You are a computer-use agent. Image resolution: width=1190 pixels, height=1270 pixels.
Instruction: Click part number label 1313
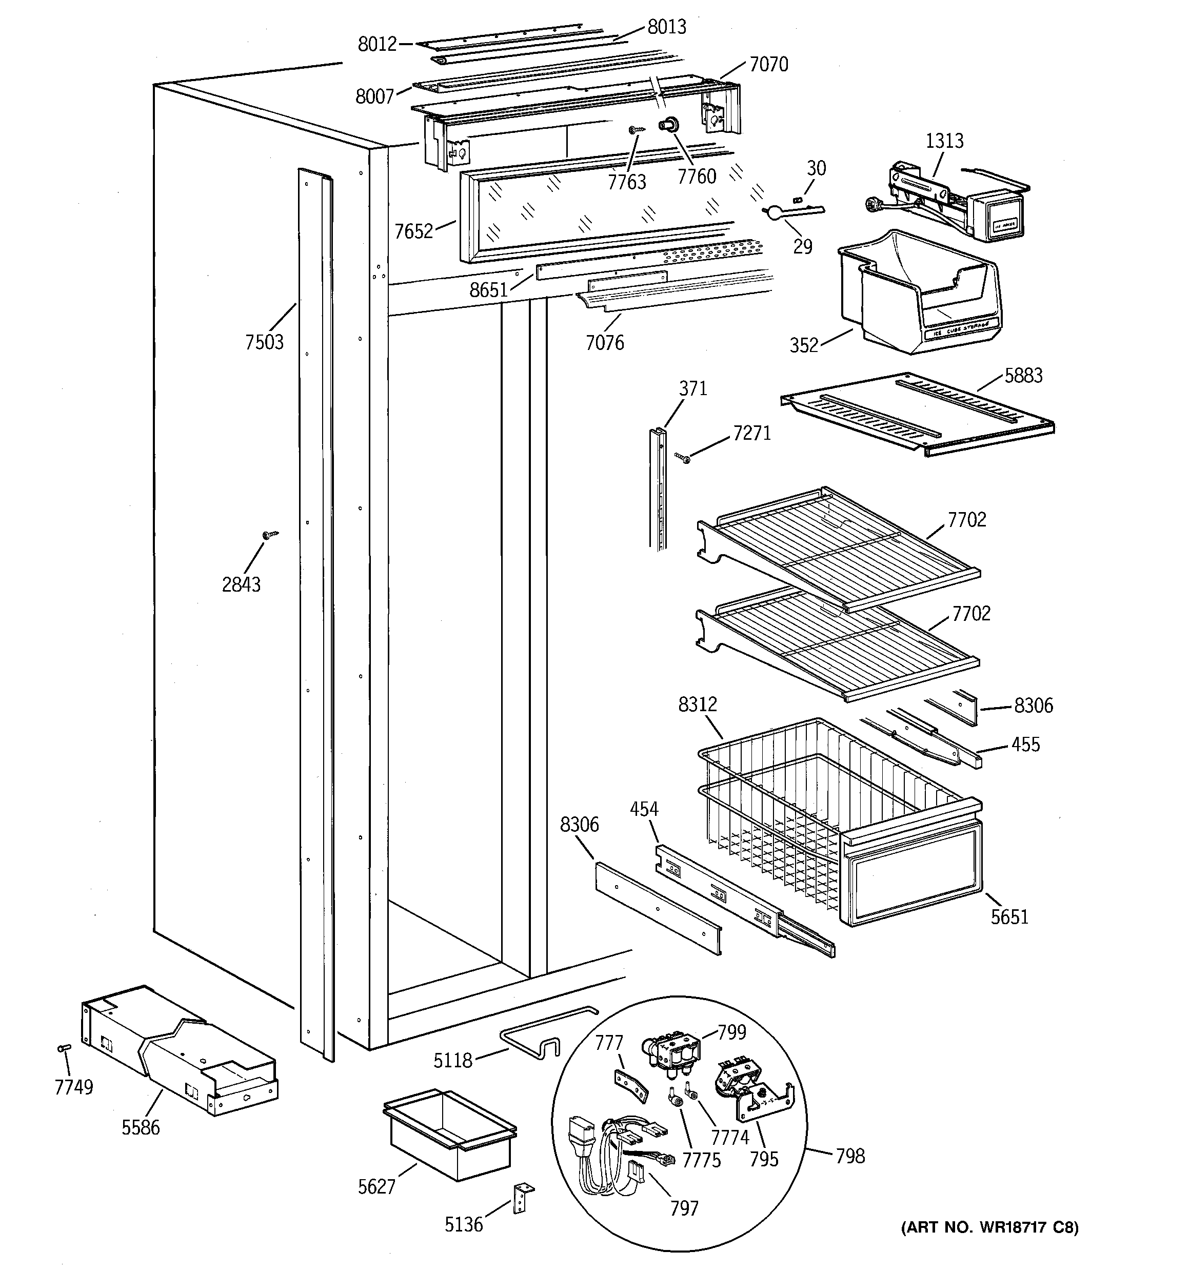coord(944,141)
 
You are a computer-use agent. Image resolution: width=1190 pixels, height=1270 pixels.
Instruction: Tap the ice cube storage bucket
coord(920,290)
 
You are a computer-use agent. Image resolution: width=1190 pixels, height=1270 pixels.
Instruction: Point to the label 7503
coord(265,342)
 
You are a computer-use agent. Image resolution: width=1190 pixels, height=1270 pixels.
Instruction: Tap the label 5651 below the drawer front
coord(1009,917)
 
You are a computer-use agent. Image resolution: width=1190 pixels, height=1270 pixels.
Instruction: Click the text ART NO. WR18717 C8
coord(989,1227)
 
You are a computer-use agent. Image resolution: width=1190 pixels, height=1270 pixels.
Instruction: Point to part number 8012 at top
coord(377,44)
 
